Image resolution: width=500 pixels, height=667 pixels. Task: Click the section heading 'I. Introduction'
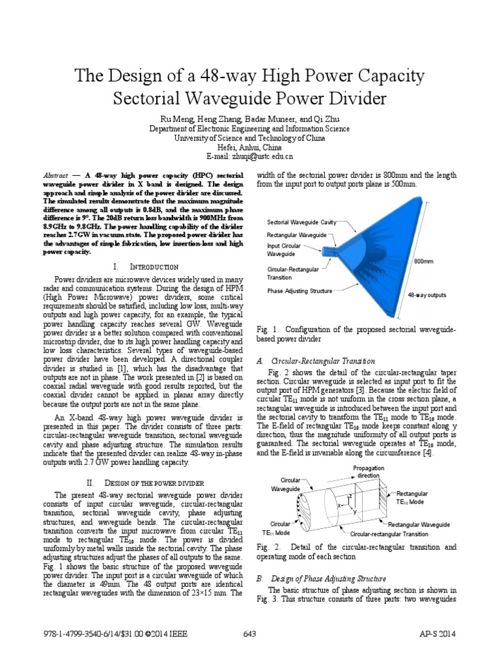146,267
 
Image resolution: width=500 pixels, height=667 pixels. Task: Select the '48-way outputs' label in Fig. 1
426,295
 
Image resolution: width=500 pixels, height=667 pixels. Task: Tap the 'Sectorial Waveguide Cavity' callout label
301,223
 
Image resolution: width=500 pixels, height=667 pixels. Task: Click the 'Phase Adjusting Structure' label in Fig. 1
299,291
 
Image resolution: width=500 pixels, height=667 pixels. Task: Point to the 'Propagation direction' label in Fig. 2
368,472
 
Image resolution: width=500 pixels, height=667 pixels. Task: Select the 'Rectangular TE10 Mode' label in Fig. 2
411,498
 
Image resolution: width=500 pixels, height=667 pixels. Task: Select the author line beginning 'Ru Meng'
250,120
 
